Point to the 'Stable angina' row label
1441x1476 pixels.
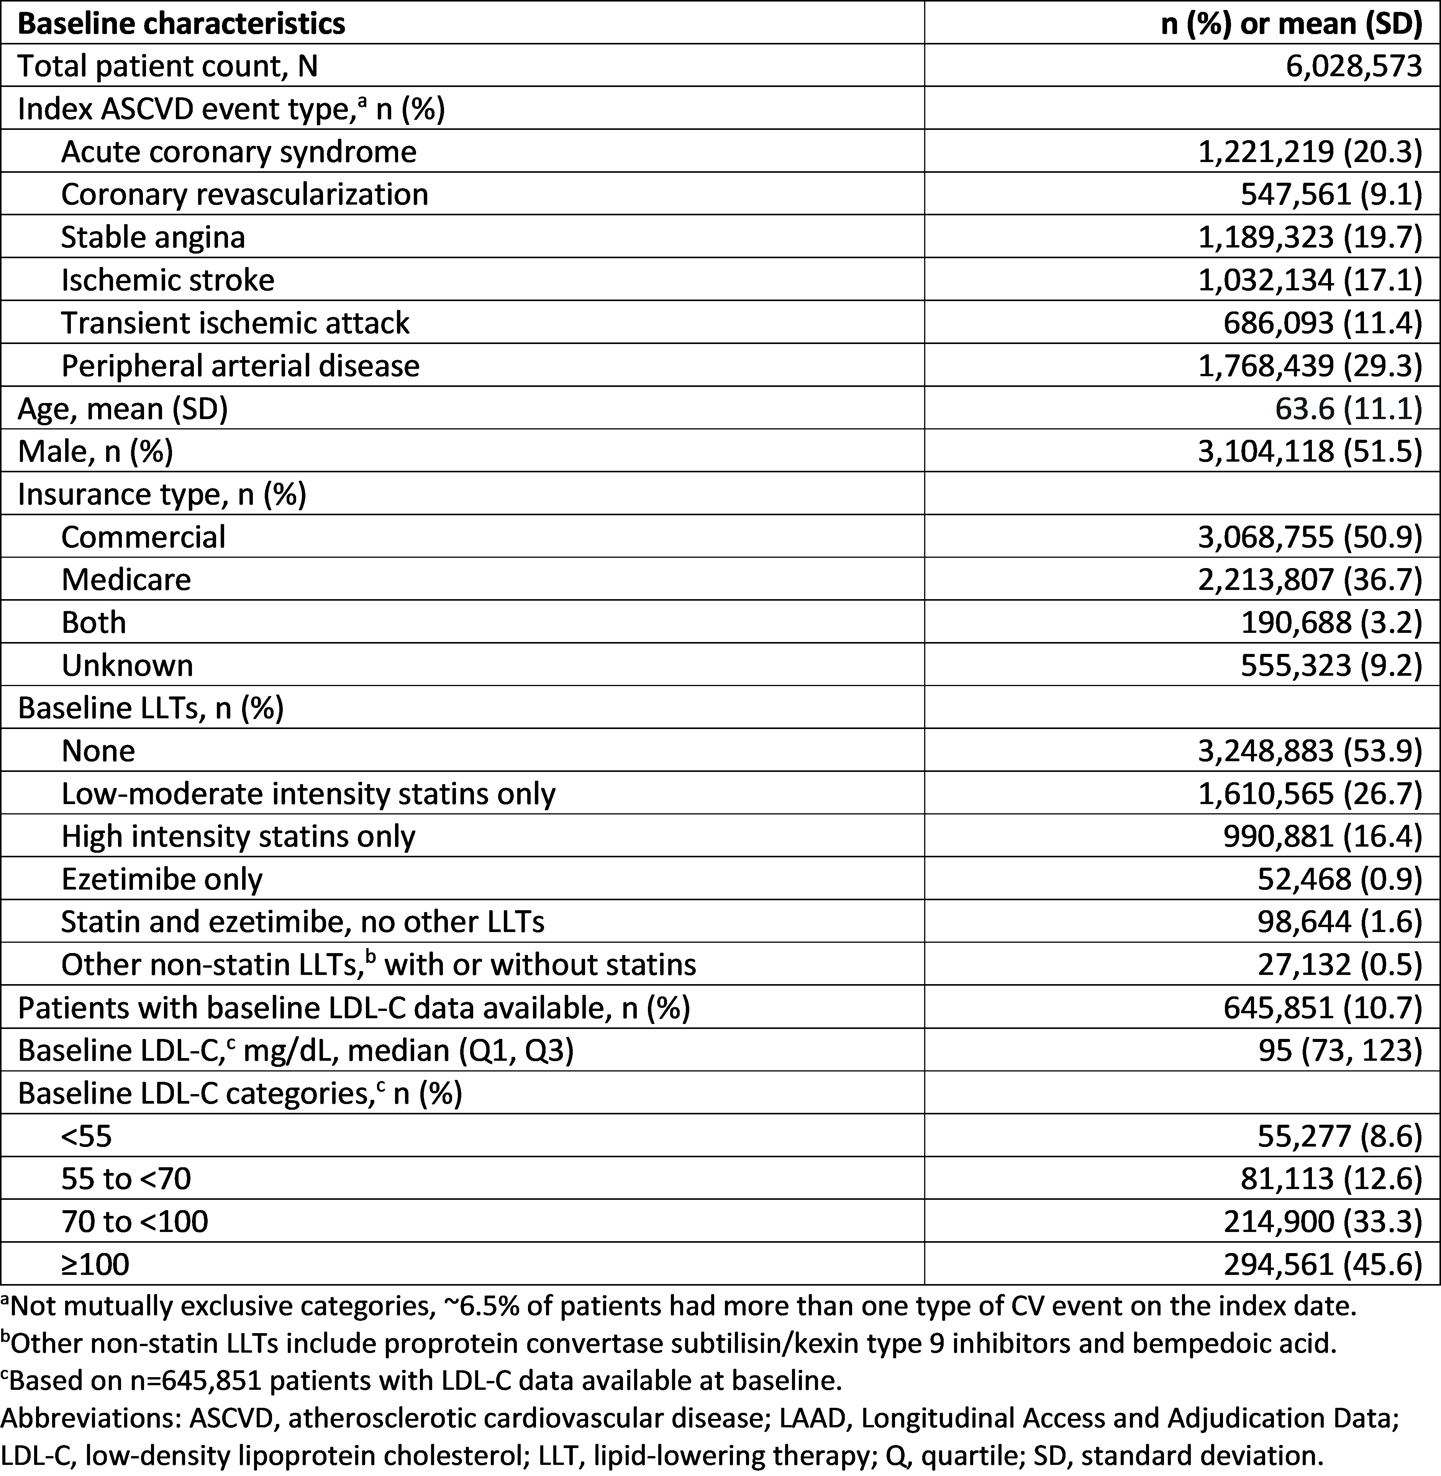point(153,238)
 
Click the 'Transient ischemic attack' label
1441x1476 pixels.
point(235,323)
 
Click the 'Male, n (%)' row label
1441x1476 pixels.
point(95,451)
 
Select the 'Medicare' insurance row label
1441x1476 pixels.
point(126,580)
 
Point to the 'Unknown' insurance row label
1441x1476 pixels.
point(127,665)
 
